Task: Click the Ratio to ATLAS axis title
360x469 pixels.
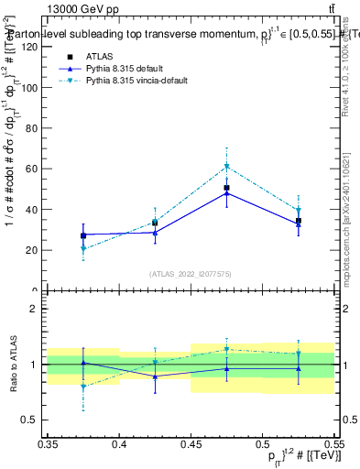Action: [x=12, y=364]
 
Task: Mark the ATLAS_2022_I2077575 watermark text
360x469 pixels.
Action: [x=190, y=274]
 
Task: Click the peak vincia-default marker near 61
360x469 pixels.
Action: [x=226, y=167]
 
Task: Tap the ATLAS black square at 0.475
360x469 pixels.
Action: [x=226, y=188]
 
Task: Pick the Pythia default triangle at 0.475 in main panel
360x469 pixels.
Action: [x=226, y=193]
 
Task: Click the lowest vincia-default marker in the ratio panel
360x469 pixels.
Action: [x=83, y=387]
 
